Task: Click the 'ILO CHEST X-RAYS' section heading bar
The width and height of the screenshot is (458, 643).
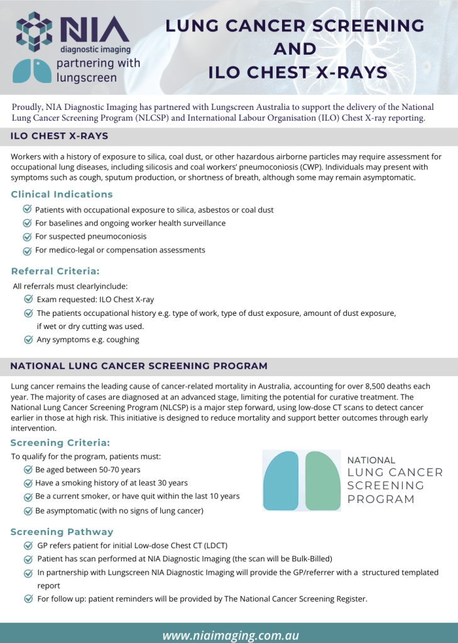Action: pos(60,136)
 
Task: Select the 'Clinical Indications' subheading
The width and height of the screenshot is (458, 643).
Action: pos(62,195)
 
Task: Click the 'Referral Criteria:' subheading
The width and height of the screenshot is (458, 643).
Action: pos(55,272)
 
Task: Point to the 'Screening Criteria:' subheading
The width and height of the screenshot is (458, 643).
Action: pos(60,443)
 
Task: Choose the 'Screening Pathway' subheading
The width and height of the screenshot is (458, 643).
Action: pos(62,532)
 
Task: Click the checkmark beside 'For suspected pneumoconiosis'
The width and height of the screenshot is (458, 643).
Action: pos(27,237)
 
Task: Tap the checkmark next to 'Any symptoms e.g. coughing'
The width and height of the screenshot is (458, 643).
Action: pos(29,340)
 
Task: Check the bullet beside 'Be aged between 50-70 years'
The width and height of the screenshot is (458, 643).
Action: pos(28,470)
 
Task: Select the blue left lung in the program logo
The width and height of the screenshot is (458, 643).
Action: pos(282,481)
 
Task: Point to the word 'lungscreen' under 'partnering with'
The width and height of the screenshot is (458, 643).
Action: pos(87,78)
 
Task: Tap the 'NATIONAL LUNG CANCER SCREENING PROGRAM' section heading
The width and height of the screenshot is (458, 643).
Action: pos(139,366)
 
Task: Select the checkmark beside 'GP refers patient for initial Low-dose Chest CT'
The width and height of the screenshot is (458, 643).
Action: pos(29,546)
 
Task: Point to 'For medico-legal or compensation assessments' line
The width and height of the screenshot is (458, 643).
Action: pos(120,250)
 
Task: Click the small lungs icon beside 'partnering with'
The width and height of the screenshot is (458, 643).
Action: pos(32,70)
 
